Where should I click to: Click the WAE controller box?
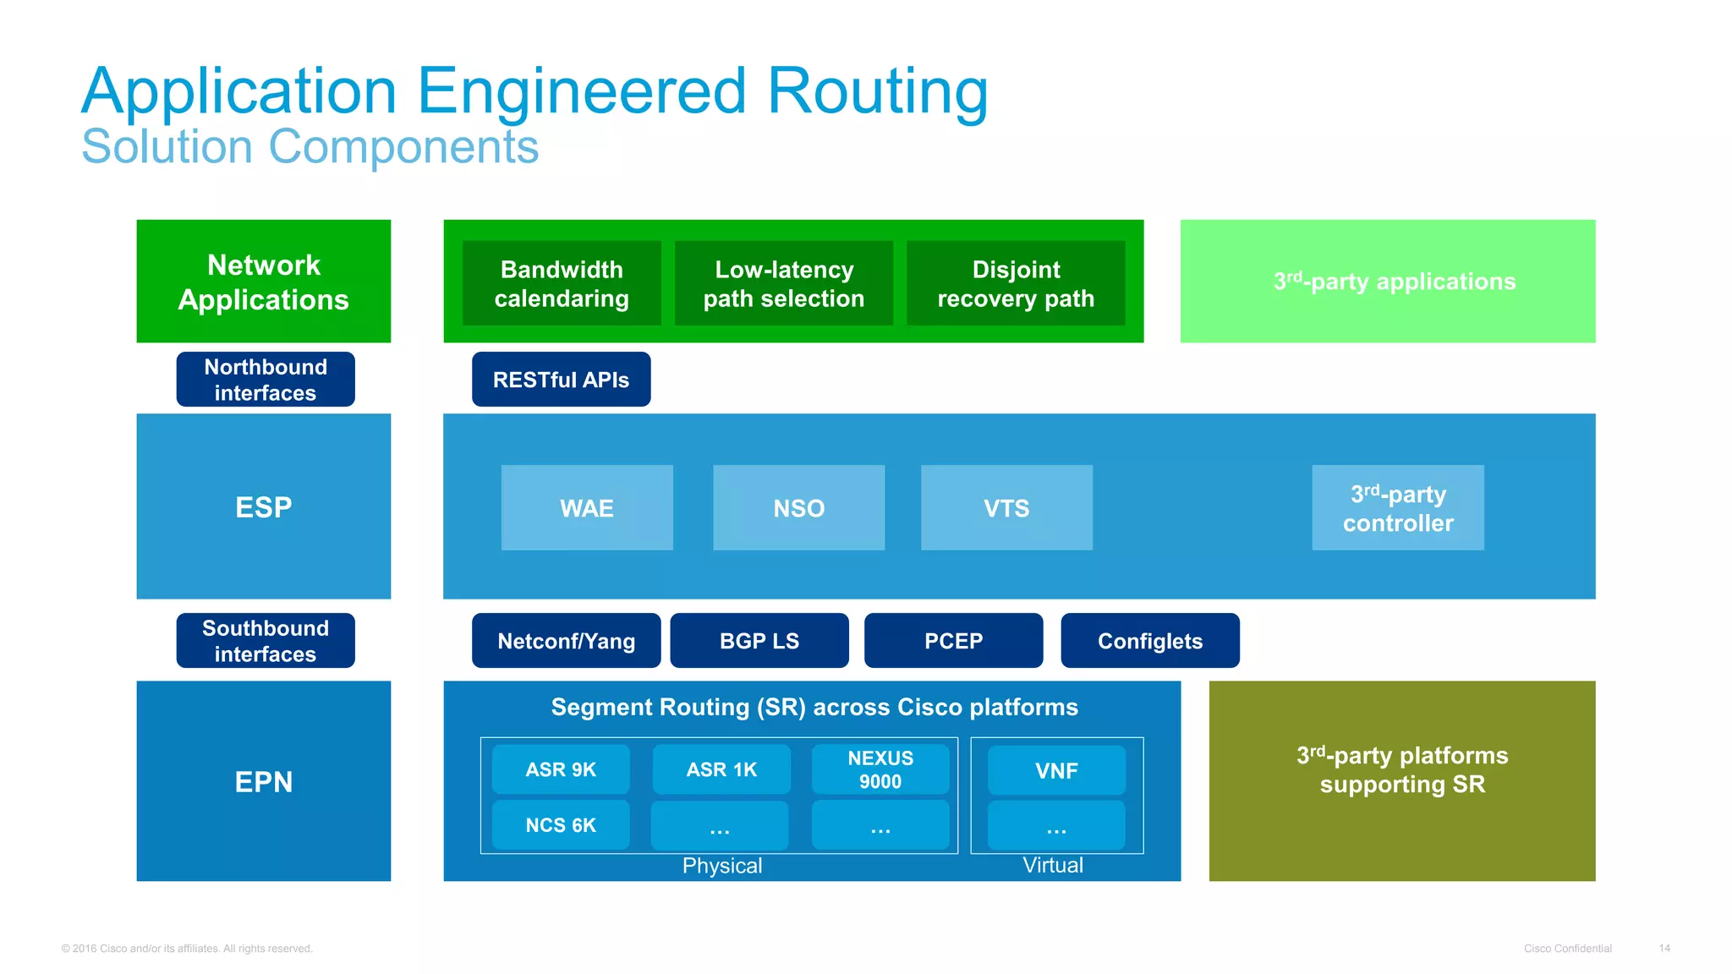[587, 507]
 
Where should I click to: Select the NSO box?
[798, 507]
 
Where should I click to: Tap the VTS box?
[1006, 507]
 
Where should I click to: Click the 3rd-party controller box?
[1397, 507]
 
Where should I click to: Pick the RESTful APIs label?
[561, 380]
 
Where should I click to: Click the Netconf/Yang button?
[566, 641]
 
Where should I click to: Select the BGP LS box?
[759, 641]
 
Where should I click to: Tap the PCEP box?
[953, 641]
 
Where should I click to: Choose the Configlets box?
[1149, 641]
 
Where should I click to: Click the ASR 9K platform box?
[561, 769]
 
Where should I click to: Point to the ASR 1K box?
[721, 769]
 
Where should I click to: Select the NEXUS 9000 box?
[880, 769]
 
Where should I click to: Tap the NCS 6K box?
[561, 825]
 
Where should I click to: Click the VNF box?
[1056, 770]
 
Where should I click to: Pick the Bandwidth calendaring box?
[562, 283]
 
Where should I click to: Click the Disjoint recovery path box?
[1016, 283]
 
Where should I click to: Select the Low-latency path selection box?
[784, 283]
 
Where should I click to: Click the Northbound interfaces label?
[266, 380]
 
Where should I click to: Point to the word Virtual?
[1053, 865]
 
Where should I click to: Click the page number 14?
[1663, 948]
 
